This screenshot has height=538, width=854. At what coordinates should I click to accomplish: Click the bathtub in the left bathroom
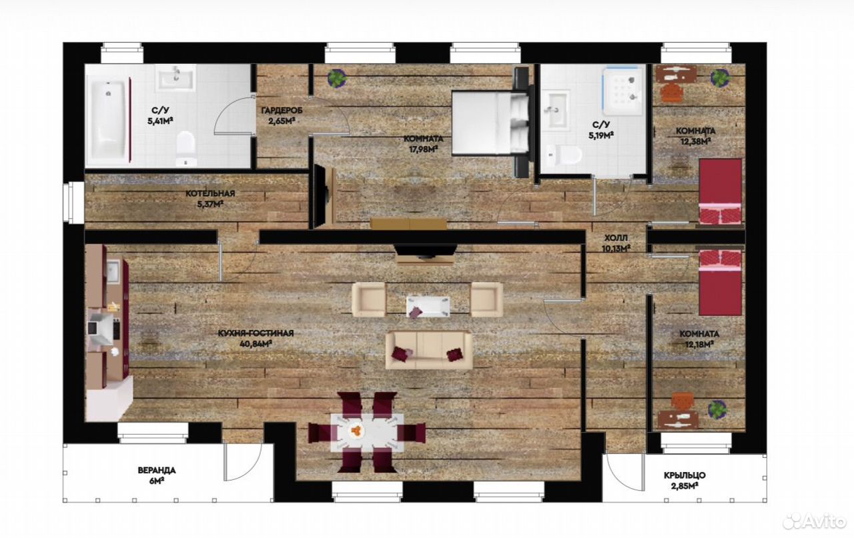tap(108, 120)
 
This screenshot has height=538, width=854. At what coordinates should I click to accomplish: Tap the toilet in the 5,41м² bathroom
tap(186, 149)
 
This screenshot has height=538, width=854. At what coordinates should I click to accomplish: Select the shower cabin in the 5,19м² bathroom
tap(623, 91)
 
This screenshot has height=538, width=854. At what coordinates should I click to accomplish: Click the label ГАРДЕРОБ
tap(282, 111)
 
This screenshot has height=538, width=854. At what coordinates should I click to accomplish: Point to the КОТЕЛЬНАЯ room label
tap(210, 193)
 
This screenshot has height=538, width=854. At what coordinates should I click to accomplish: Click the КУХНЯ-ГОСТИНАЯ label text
tap(256, 333)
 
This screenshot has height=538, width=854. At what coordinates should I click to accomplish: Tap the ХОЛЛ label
tap(616, 238)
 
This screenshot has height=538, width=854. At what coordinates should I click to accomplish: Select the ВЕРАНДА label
tap(157, 471)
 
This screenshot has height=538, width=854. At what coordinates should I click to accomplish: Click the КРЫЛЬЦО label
tap(685, 475)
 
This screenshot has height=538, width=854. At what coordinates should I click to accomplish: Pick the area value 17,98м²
tap(423, 149)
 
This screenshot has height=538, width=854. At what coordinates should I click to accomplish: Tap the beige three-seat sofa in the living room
tap(428, 350)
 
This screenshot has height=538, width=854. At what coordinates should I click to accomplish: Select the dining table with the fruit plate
tap(367, 433)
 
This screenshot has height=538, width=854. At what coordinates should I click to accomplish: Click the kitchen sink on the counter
tap(113, 271)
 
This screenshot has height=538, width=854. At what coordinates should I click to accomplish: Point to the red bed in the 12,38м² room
tap(720, 191)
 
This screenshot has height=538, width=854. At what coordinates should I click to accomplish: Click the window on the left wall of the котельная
tap(74, 202)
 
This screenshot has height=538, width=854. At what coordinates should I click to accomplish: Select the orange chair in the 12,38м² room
tap(671, 93)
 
